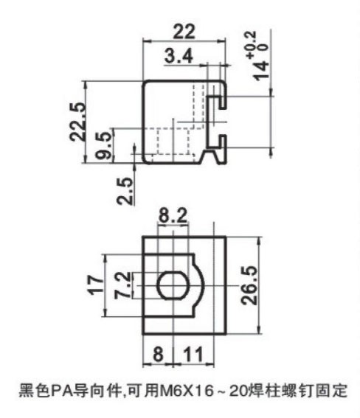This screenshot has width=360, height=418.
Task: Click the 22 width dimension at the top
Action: click(184, 32)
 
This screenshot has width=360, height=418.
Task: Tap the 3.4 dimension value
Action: click(179, 56)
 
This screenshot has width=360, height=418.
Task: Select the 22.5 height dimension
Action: click(78, 122)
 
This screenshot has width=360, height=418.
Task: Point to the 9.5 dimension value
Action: click(104, 145)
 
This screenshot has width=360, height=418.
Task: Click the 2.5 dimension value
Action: click(125, 191)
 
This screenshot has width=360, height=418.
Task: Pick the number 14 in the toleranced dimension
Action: click(260, 71)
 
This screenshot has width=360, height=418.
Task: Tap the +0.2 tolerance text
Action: click(255, 44)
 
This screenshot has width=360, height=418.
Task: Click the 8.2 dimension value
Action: click(173, 215)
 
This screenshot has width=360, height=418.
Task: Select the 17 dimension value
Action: click(95, 285)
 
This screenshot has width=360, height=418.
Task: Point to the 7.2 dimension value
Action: click(123, 285)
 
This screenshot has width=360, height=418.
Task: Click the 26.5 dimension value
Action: click(249, 285)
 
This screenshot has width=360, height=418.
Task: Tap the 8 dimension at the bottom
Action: click(158, 354)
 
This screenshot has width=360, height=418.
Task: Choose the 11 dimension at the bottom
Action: click(193, 354)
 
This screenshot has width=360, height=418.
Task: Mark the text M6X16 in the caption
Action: click(187, 391)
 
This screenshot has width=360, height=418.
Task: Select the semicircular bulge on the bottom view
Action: click(198, 285)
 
